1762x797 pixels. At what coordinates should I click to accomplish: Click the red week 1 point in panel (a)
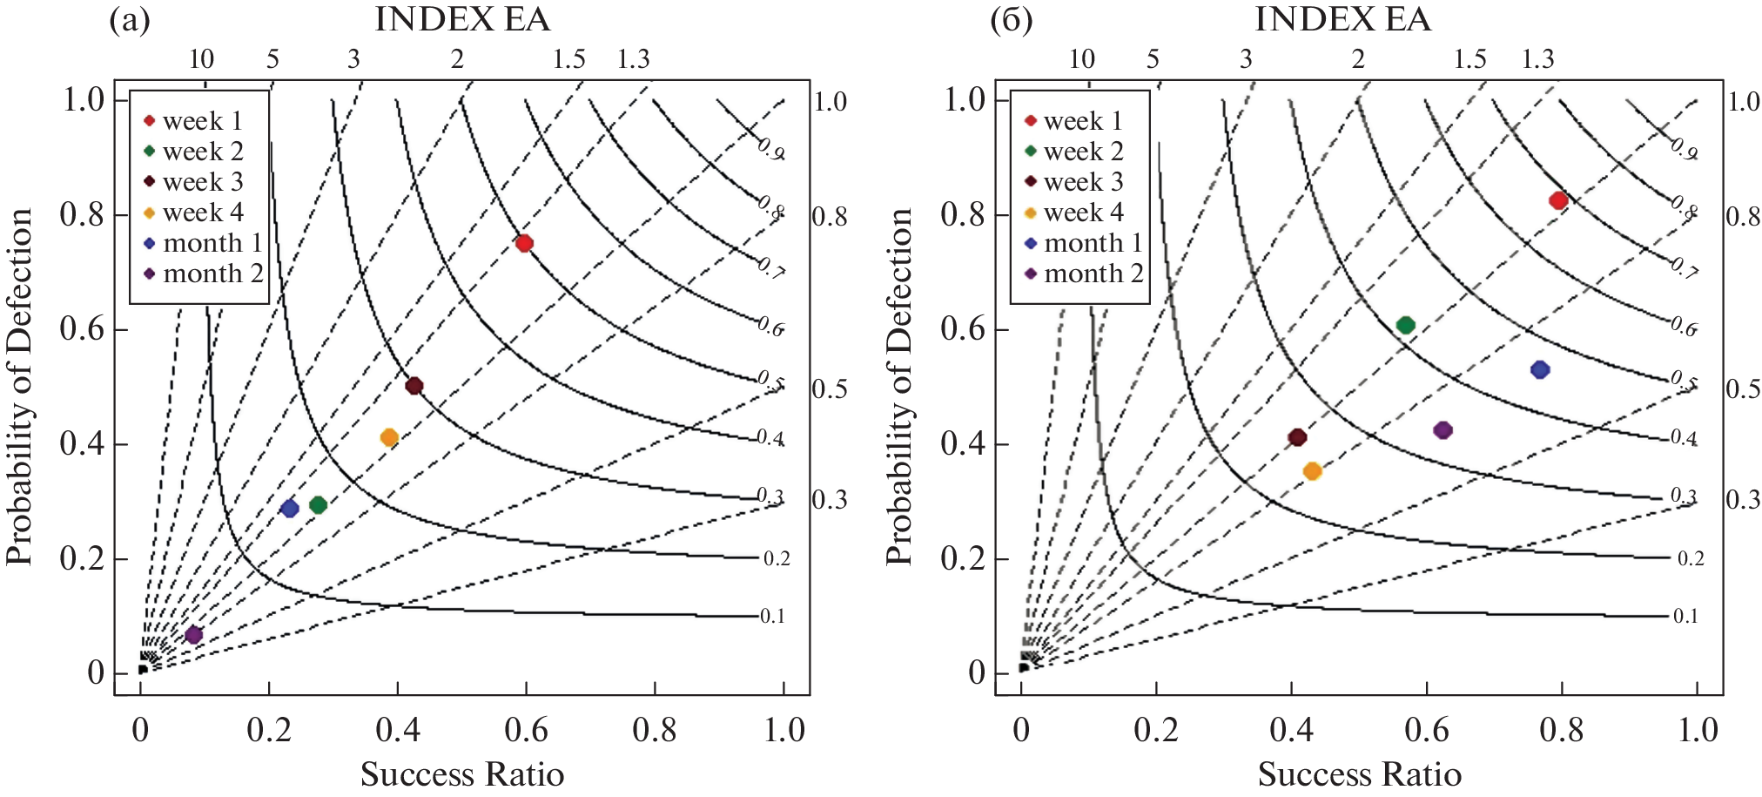pos(524,243)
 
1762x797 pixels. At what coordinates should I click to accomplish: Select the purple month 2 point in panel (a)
pos(193,635)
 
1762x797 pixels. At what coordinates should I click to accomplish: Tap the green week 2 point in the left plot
pos(318,505)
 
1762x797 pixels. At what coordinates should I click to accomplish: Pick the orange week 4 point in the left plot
pos(389,437)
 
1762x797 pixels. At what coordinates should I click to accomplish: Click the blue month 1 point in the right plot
pos(1540,369)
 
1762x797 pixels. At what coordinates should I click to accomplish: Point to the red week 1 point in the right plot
pos(1558,200)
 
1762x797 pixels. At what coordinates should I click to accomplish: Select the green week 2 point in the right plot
pos(1405,326)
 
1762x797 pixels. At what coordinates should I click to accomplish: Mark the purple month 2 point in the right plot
pos(1443,430)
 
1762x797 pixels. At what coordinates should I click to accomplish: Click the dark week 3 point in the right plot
pos(1297,437)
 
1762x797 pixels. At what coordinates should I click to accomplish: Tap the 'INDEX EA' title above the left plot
pos(462,19)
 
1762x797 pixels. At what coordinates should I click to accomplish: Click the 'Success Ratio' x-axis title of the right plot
pos(1359,773)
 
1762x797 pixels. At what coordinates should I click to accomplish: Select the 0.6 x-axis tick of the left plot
pos(526,730)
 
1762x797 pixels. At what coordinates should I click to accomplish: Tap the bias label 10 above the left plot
pos(201,59)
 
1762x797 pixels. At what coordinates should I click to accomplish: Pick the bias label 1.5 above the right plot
pos(1469,59)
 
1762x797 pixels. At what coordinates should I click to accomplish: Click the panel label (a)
pos(129,20)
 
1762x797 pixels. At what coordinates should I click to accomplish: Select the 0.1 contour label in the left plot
pos(772,617)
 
